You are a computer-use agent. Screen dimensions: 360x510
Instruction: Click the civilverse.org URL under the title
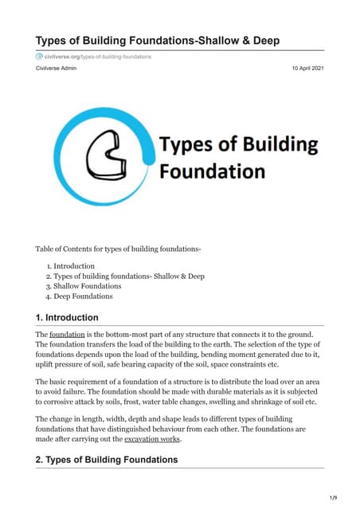[x=93, y=57]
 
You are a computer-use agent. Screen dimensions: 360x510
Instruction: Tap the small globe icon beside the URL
[x=39, y=57]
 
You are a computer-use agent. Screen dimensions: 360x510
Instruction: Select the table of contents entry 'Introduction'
[x=74, y=265]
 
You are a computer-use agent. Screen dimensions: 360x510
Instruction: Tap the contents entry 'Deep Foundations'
[x=83, y=296]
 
